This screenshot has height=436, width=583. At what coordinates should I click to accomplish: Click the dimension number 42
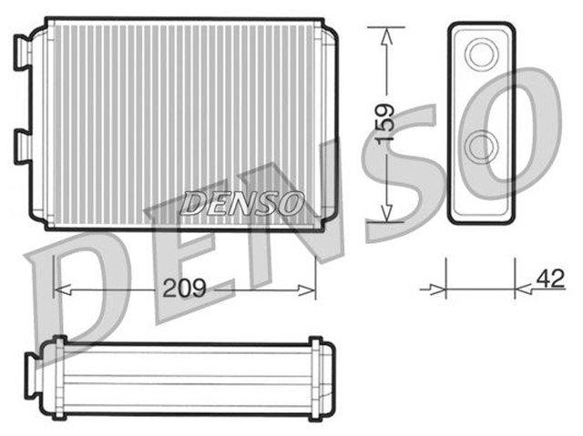coord(549,279)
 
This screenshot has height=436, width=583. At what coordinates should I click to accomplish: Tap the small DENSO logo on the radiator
coord(241,202)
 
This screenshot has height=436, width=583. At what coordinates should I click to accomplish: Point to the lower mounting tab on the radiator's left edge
coord(23,146)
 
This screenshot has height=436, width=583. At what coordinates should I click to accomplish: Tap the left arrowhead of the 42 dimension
coord(438,290)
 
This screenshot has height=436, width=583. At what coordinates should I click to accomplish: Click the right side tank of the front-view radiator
coord(326,123)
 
